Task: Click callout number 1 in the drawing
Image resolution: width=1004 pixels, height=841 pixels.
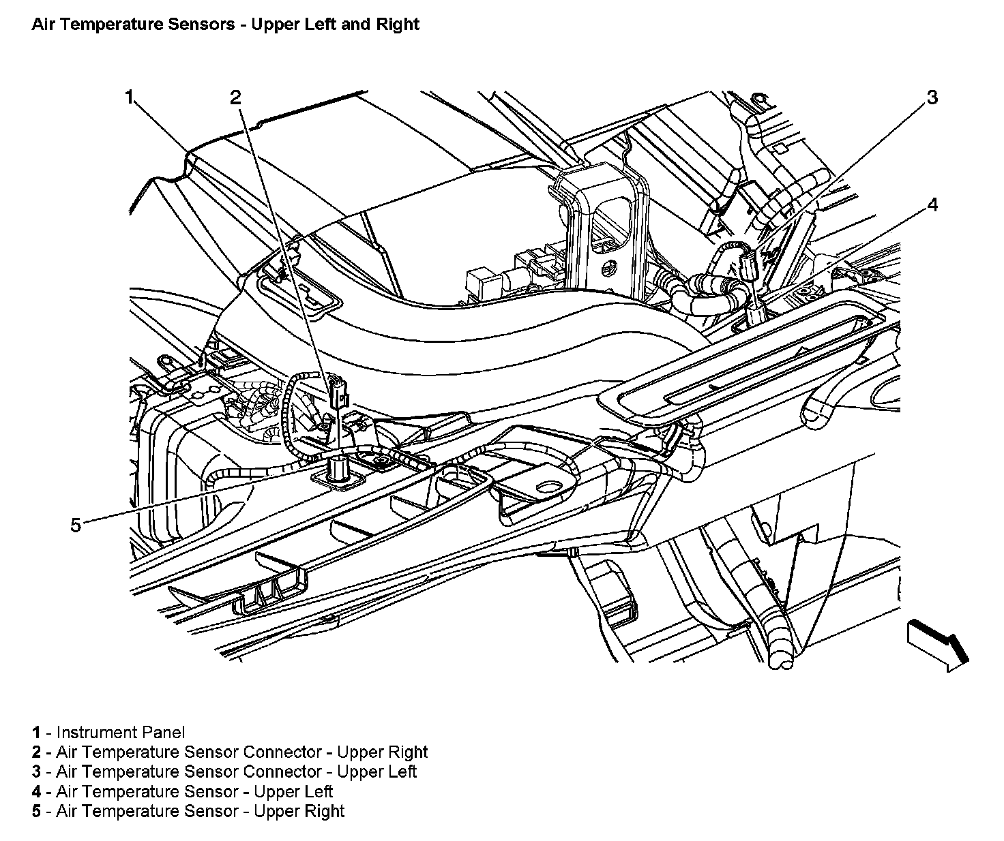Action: [x=128, y=98]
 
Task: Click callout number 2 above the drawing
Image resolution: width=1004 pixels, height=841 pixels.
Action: [x=235, y=98]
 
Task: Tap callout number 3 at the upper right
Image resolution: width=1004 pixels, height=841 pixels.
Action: [x=932, y=97]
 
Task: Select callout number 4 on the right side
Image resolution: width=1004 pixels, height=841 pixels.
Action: [x=932, y=204]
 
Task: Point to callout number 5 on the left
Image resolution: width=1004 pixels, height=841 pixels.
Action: [x=76, y=524]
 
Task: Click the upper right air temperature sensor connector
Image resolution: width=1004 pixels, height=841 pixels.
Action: [x=336, y=394]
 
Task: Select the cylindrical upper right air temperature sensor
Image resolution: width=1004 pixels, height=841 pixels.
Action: [x=338, y=470]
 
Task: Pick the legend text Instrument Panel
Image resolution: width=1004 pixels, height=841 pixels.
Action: [x=121, y=733]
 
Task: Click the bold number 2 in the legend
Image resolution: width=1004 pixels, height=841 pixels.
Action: [x=35, y=752]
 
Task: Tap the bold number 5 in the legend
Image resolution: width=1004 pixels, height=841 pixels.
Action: [x=35, y=812]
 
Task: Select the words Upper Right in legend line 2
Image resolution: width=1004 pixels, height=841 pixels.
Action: [x=382, y=752]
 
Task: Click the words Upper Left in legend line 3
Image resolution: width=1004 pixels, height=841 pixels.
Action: [x=376, y=772]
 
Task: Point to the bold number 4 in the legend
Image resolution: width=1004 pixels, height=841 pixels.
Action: [x=35, y=792]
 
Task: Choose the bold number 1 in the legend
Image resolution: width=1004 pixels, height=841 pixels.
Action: [x=35, y=733]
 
